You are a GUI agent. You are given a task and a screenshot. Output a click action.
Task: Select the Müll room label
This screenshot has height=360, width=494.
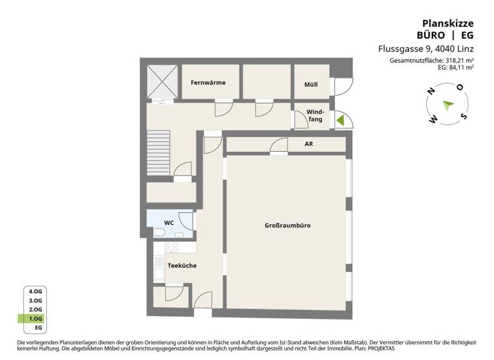click(x=311, y=85)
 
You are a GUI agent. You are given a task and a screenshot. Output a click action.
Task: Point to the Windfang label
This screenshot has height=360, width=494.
click(x=315, y=116)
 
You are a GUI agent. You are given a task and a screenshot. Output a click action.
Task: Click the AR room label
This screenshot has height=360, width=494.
click(x=309, y=144)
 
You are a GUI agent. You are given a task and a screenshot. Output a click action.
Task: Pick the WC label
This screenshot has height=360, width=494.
click(x=169, y=222)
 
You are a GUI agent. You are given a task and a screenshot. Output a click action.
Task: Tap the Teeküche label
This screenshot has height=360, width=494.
click(x=181, y=265)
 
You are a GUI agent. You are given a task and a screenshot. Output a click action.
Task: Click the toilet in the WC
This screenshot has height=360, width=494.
click(x=160, y=232)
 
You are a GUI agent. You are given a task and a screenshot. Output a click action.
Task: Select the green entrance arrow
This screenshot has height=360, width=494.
click(x=341, y=120)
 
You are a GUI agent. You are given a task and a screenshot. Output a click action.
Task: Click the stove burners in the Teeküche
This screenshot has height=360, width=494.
click(x=172, y=247)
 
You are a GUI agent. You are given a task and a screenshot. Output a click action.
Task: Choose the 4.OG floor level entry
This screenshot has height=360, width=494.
click(x=35, y=291)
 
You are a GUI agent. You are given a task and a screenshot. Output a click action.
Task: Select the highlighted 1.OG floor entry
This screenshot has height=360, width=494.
click(x=35, y=319)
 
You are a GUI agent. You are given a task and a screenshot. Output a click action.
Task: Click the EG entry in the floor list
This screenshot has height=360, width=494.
click(x=38, y=328)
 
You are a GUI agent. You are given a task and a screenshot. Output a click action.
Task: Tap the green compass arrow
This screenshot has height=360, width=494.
click(x=448, y=105)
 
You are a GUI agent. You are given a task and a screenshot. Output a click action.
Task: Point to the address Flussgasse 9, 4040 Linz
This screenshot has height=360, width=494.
click(x=425, y=49)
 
